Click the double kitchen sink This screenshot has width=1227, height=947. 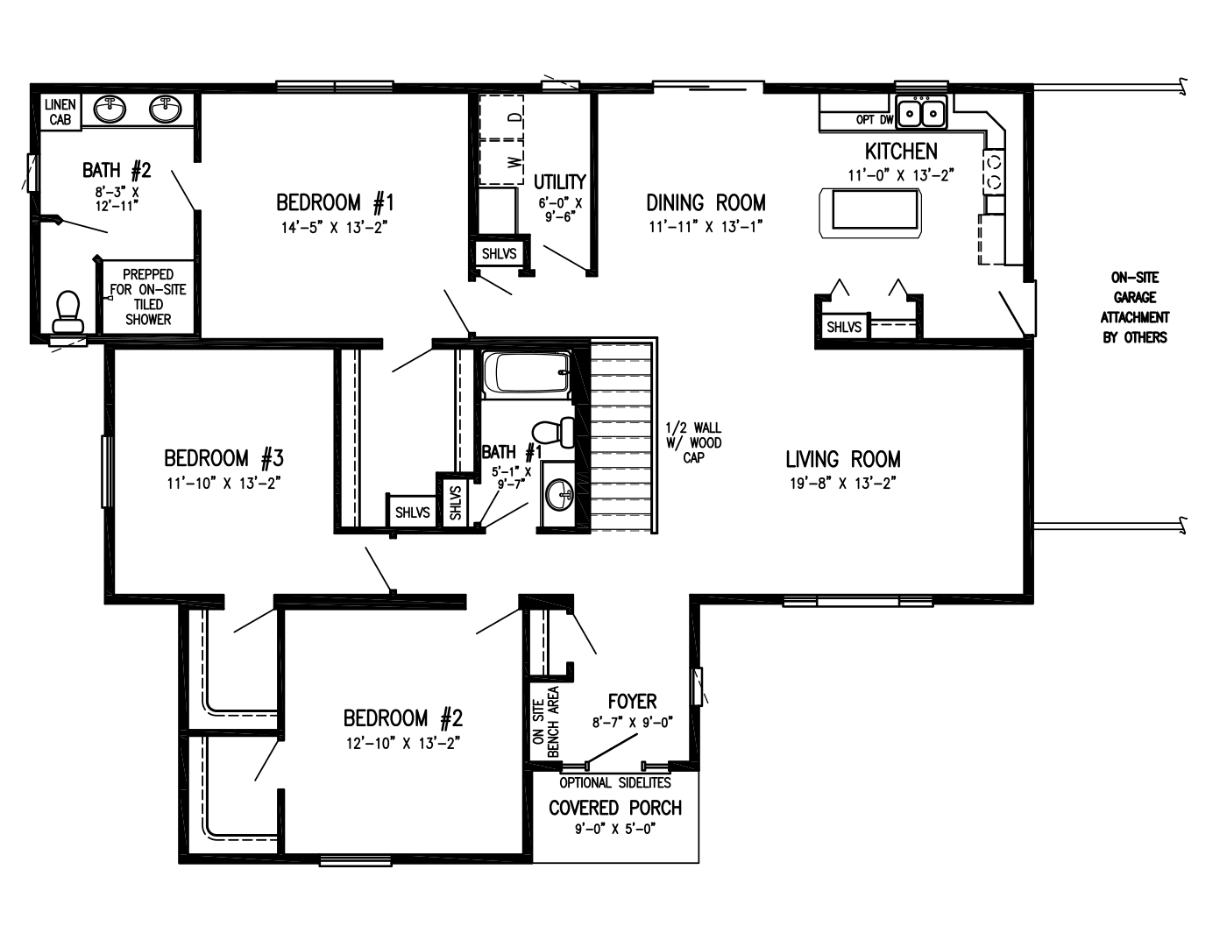click(x=921, y=113)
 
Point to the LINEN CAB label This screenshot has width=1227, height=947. click(x=60, y=112)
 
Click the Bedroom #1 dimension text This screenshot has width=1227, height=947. click(x=334, y=227)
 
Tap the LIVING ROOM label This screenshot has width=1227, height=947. click(x=842, y=459)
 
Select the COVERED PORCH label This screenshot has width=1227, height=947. click(x=614, y=808)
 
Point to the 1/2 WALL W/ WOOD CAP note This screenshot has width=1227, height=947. click(x=693, y=442)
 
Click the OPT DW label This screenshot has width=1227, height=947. click(x=874, y=120)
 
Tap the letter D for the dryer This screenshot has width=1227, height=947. click(x=516, y=116)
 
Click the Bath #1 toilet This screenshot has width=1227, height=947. click(x=552, y=432)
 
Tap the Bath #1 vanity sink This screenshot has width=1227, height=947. click(x=559, y=496)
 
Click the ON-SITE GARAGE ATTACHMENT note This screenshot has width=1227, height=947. click(x=1135, y=307)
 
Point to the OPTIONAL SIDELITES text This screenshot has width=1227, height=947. click(x=615, y=782)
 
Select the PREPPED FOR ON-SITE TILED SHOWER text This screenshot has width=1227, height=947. click(x=148, y=297)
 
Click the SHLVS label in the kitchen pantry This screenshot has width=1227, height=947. click(x=844, y=327)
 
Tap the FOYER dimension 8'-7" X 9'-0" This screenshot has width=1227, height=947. click(x=632, y=724)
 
